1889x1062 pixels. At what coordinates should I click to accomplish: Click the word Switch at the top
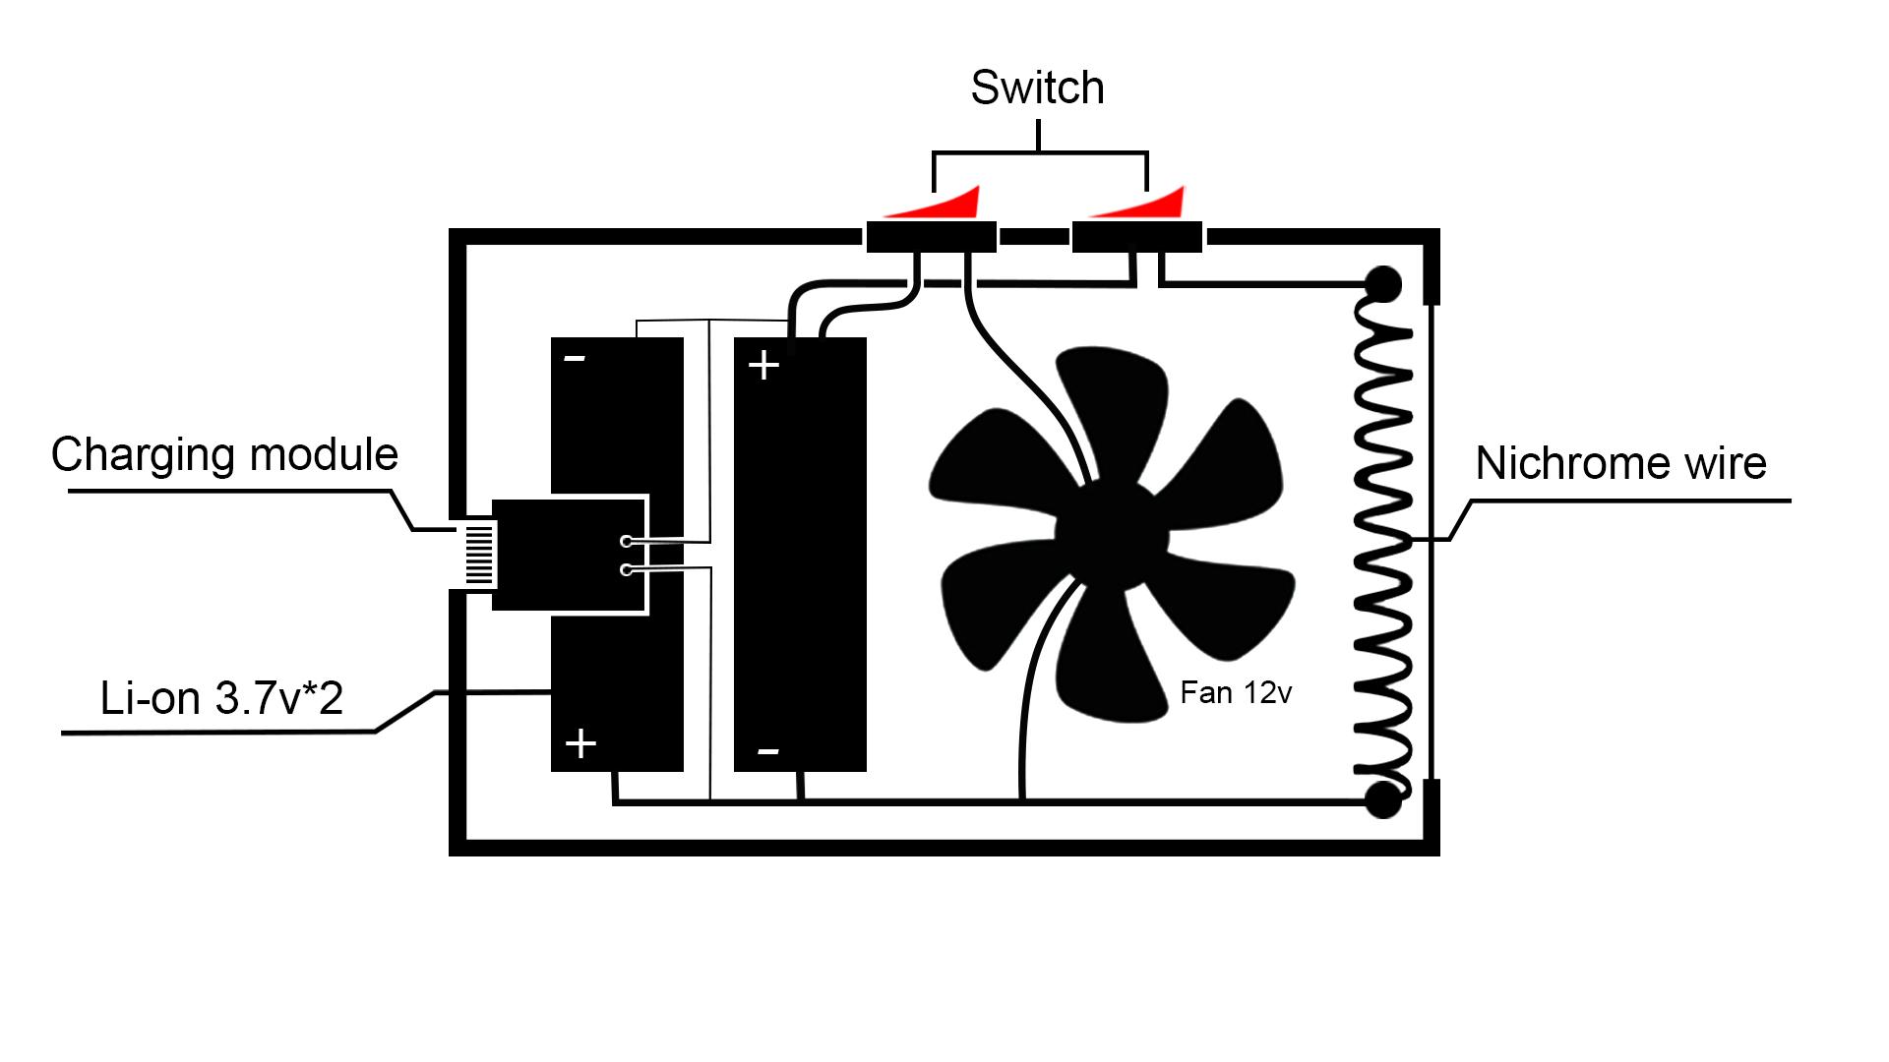pos(1037,88)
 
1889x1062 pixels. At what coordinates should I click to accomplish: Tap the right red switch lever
pos(1151,206)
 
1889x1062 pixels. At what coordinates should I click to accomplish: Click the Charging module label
pos(224,454)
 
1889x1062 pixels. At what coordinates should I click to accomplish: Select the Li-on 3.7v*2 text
pos(221,698)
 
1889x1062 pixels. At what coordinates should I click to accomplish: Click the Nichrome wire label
pos(1620,463)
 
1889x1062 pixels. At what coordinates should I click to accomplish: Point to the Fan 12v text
pos(1235,693)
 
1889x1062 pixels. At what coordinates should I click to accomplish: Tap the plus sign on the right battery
pos(763,366)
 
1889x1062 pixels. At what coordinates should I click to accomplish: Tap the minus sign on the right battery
pos(768,752)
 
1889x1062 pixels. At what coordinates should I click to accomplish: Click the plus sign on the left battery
pos(580,743)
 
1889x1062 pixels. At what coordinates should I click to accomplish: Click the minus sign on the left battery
pos(575,359)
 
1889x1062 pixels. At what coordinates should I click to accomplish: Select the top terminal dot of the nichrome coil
pos(1382,285)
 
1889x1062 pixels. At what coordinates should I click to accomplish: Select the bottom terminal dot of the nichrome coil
pos(1382,800)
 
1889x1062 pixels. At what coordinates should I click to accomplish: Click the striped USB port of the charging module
pos(479,554)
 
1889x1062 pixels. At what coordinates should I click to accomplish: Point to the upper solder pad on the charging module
pos(626,541)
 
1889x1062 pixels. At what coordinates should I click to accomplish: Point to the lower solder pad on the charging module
pos(626,569)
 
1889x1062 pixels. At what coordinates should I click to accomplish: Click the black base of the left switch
pos(931,237)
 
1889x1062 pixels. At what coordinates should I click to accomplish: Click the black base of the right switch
pos(1136,237)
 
